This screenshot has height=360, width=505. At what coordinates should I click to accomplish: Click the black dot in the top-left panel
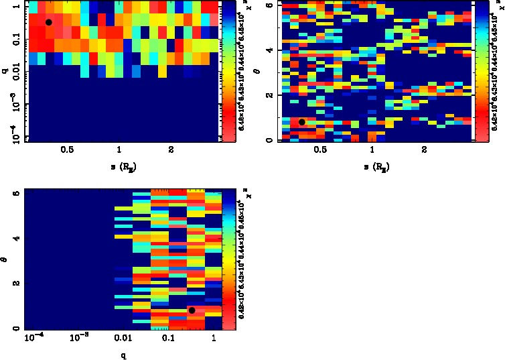pyautogui.click(x=48, y=22)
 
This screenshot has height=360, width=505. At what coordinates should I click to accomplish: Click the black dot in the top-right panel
pyautogui.click(x=302, y=122)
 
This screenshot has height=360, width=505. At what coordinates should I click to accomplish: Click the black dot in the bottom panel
pyautogui.click(x=192, y=310)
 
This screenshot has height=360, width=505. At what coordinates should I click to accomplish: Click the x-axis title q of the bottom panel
pyautogui.click(x=123, y=356)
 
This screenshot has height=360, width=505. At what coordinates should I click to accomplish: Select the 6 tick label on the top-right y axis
pyautogui.click(x=268, y=5)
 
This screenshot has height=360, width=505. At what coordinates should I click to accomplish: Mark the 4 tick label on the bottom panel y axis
pyautogui.click(x=16, y=238)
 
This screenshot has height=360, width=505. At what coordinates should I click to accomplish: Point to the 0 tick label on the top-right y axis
pyautogui.click(x=268, y=139)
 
